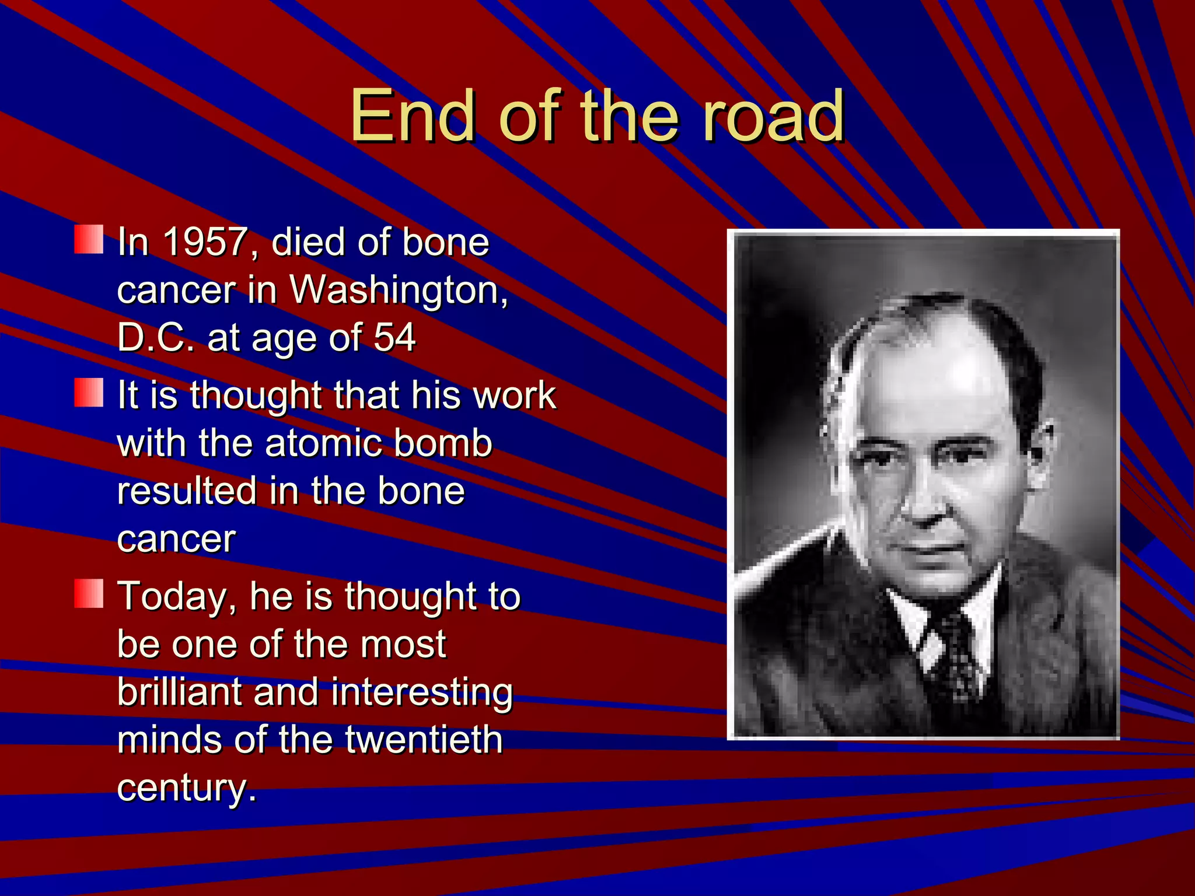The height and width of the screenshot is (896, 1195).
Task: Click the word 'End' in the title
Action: (x=412, y=116)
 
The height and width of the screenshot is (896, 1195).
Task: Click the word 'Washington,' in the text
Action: (x=399, y=289)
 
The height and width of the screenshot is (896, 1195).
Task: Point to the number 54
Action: (x=394, y=337)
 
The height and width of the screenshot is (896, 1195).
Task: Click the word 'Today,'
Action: (x=177, y=597)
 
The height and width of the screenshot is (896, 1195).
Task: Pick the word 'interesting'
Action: (x=422, y=692)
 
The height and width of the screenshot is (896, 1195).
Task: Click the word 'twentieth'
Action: (x=424, y=740)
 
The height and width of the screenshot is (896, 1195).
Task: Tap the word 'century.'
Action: (x=187, y=787)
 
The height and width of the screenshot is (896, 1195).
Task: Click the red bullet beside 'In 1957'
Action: (x=89, y=240)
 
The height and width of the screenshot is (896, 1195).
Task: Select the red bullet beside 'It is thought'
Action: (x=89, y=393)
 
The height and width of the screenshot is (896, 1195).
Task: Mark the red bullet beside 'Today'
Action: (x=89, y=594)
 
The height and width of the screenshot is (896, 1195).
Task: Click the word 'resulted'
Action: (x=186, y=491)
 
